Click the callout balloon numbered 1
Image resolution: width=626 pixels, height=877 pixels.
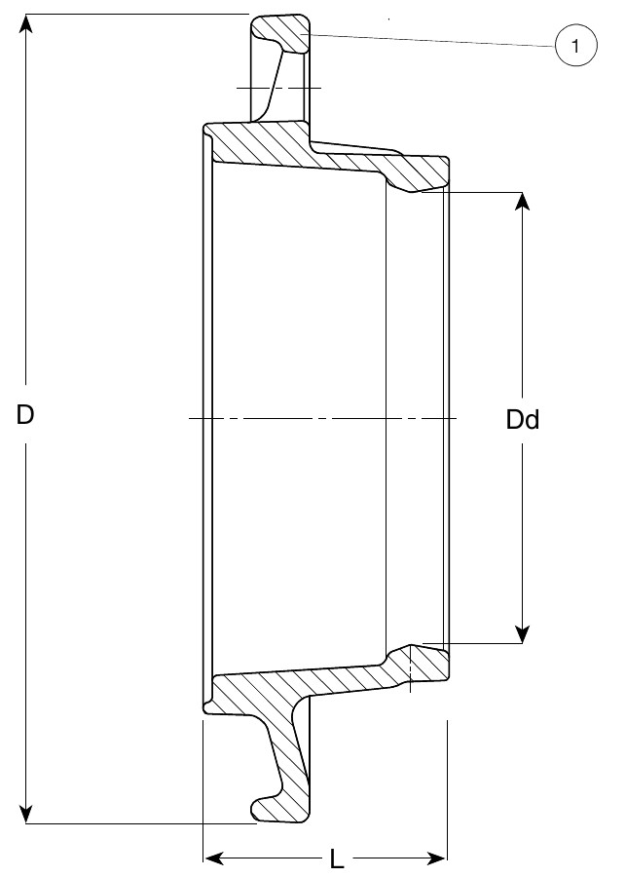pyautogui.click(x=575, y=46)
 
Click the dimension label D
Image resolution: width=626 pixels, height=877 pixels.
pyautogui.click(x=26, y=415)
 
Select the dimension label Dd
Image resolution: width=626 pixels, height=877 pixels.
pyautogui.click(x=523, y=420)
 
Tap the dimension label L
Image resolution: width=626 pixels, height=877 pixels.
pyautogui.click(x=336, y=859)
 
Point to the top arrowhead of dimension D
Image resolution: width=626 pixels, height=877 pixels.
pyautogui.click(x=27, y=22)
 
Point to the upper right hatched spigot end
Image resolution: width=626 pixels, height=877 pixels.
pyautogui.click(x=423, y=172)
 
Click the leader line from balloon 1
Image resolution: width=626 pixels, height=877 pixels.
pyautogui.click(x=428, y=40)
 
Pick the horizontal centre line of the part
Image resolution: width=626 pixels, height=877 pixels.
pyautogui.click(x=321, y=419)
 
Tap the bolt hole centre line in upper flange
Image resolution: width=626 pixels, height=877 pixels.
pyautogui.click(x=278, y=88)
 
